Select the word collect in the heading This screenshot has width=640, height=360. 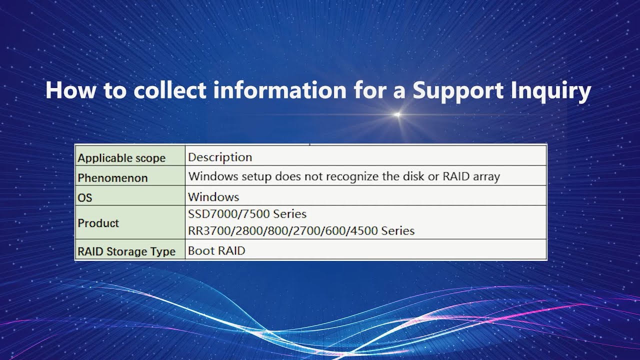pyautogui.click(x=169, y=90)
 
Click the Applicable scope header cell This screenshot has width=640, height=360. pyautogui.click(x=121, y=158)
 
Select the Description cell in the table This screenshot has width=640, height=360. pyautogui.click(x=220, y=157)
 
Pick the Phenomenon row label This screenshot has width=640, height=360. pyautogui.click(x=112, y=177)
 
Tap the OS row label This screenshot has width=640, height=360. pyautogui.click(x=85, y=197)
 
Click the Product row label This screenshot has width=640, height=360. pyautogui.click(x=98, y=223)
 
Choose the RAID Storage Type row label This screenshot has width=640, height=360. pyautogui.click(x=126, y=251)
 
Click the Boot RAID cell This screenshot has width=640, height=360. pyautogui.click(x=216, y=250)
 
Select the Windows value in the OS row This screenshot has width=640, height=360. pyautogui.click(x=213, y=196)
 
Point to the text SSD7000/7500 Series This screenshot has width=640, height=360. pyautogui.click(x=247, y=214)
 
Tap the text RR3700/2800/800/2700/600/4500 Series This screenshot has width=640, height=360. pyautogui.click(x=301, y=231)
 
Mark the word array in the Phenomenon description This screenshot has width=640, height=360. pyautogui.click(x=485, y=176)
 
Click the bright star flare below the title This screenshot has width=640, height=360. pyautogui.click(x=397, y=115)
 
